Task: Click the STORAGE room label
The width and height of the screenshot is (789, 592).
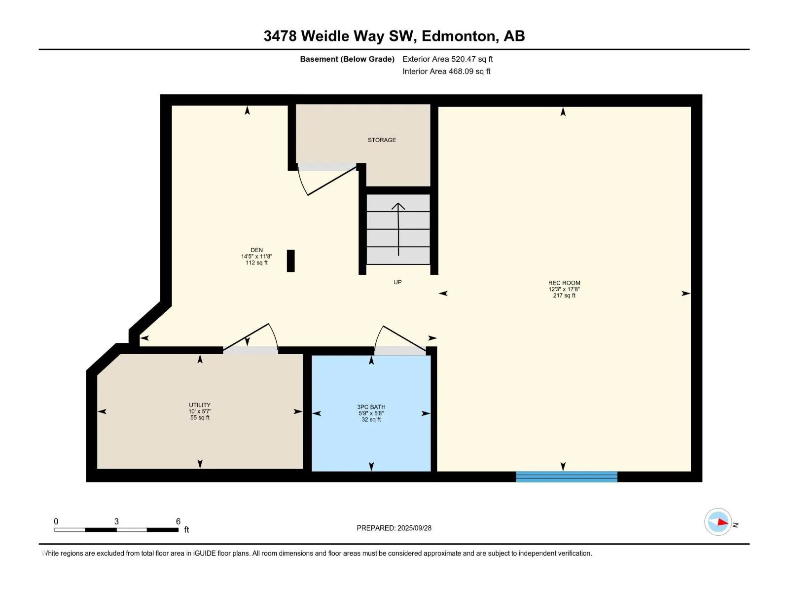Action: [382, 140]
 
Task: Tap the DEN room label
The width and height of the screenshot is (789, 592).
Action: [256, 250]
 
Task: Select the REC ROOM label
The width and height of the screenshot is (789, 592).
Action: [564, 283]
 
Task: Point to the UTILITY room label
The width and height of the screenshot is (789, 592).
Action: [200, 405]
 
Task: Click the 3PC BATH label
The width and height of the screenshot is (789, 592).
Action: [371, 407]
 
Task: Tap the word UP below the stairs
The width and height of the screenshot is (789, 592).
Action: [397, 282]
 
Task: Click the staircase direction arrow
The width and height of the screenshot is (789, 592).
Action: [398, 229]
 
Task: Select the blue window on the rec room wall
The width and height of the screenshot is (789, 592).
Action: [567, 477]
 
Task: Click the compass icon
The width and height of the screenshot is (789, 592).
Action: [718, 522]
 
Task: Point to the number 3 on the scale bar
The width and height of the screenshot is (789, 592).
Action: [116, 521]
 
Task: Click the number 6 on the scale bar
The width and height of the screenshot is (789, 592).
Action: [179, 521]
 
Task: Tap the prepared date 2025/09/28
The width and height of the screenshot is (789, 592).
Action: [414, 528]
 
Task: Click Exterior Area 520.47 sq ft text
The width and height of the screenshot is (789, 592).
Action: [448, 59]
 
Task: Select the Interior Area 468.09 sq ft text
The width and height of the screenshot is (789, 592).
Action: [446, 71]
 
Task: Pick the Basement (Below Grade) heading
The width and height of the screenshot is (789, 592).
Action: [347, 59]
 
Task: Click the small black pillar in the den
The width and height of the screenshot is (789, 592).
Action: [291, 261]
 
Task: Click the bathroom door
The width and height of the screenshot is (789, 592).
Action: [400, 340]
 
